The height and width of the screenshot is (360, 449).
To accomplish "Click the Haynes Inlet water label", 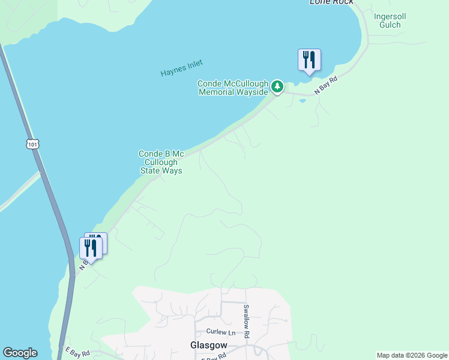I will tap(182, 68).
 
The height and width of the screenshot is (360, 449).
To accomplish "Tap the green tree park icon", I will tap(277, 87).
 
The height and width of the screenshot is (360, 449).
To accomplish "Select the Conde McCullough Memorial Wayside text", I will tap(233, 88).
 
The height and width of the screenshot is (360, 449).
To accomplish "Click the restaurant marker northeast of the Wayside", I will tap(309, 60).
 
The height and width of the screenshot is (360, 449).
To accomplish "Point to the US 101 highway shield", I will tap(32, 143).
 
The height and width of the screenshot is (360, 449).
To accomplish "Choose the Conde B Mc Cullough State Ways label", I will tap(161, 162).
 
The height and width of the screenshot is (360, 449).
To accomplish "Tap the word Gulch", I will tap(387, 25).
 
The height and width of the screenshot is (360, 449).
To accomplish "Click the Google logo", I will tap(20, 353).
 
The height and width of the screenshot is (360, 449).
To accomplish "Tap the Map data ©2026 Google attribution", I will tap(412, 355).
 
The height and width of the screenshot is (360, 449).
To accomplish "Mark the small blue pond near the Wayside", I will tap(302, 100).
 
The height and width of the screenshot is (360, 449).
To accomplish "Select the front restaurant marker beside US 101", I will tap(90, 248).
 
